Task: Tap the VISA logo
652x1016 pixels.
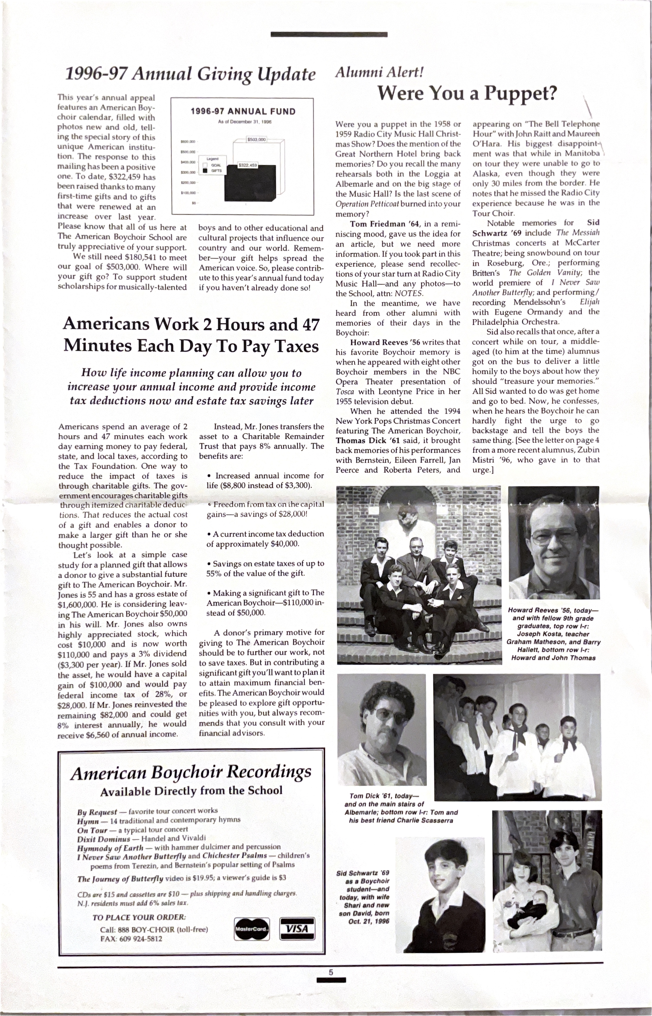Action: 297,928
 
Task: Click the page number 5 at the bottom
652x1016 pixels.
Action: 331,972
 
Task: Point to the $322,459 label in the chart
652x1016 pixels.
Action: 248,165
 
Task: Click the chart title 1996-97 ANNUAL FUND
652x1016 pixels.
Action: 243,112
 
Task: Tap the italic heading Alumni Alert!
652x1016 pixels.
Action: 379,72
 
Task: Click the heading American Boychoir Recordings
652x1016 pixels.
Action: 191,773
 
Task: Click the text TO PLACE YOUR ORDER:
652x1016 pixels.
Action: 139,917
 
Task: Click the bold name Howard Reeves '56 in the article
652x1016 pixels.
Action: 384,342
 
